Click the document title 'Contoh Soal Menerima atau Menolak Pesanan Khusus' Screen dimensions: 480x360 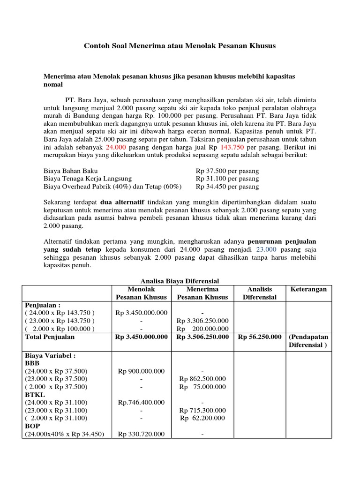click(x=180, y=46)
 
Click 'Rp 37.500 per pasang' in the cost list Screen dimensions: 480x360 click(x=227, y=171)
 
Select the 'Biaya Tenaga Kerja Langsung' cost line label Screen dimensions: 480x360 click(x=88, y=179)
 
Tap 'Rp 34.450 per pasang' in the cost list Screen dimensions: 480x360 click(x=227, y=187)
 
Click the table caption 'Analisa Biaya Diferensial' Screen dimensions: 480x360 click(x=180, y=281)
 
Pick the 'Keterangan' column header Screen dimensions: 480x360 click(x=308, y=289)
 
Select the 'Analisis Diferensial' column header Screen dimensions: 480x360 click(x=259, y=293)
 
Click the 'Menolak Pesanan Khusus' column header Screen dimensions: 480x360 click(x=142, y=293)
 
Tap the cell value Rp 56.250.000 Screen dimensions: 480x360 click(x=260, y=337)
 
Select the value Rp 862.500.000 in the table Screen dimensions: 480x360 click(x=202, y=379)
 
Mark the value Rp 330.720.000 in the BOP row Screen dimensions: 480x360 click(x=141, y=434)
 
